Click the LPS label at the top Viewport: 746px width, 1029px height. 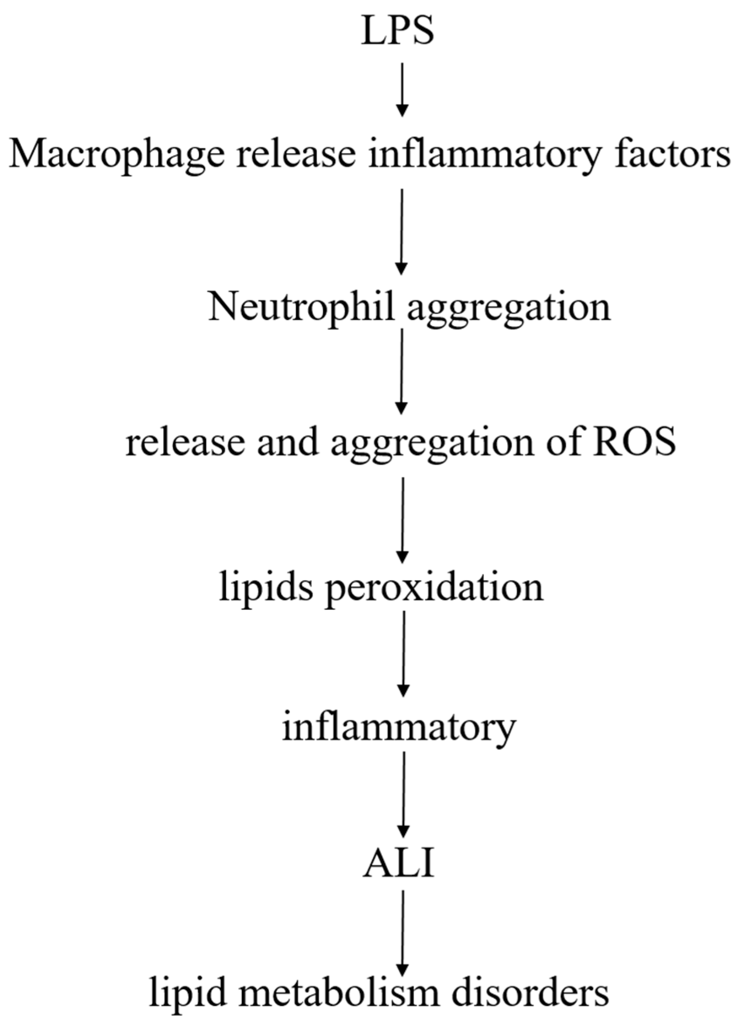point(398,31)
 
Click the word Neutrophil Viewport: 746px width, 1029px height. point(300,307)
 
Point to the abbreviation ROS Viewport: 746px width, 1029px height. point(634,442)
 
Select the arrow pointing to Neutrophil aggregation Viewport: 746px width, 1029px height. point(401,231)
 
